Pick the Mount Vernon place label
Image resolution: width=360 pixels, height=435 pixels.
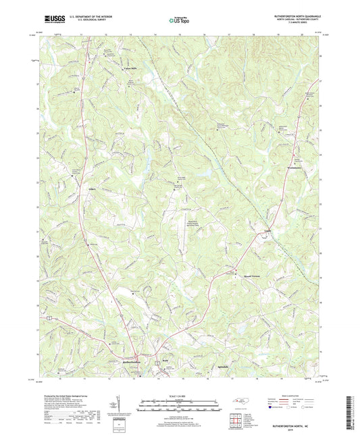point(243,276)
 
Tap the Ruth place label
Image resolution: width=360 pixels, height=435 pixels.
point(163,361)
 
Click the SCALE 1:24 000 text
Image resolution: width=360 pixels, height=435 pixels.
point(179,395)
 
